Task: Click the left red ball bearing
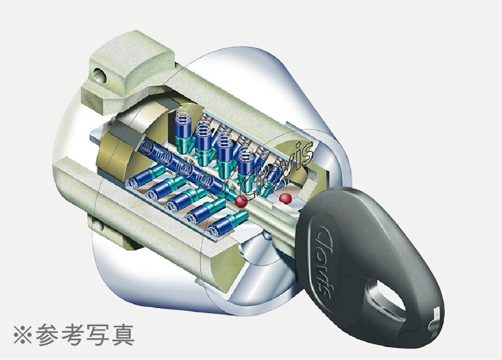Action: tap(241, 201)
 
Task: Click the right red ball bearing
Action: tap(285, 198)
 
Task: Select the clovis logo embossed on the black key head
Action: tap(325, 261)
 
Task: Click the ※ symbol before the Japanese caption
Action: tap(22, 335)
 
